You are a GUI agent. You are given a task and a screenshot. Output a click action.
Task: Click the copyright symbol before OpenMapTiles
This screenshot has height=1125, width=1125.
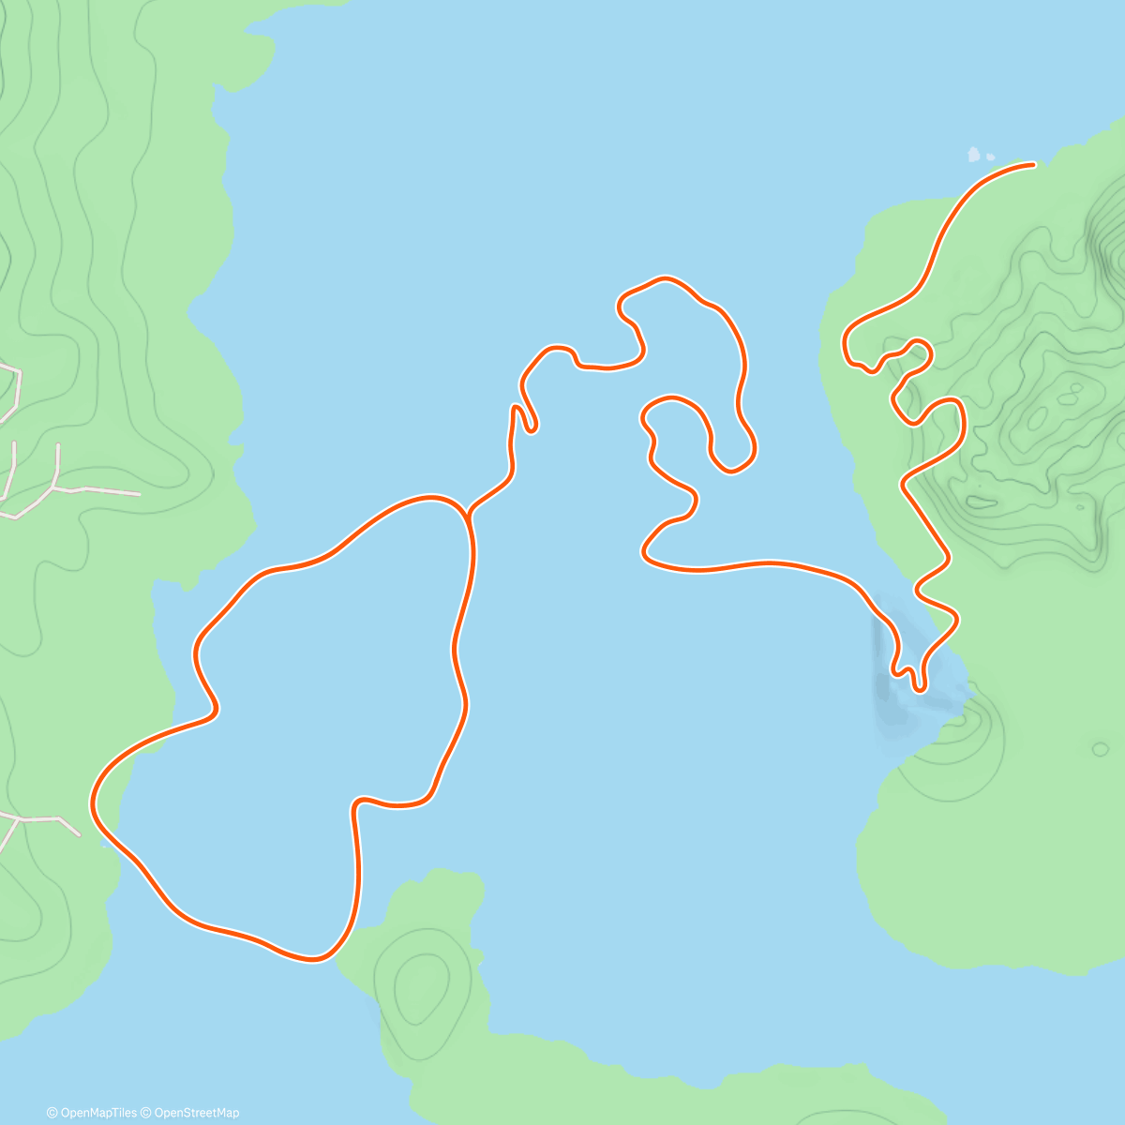point(52,1113)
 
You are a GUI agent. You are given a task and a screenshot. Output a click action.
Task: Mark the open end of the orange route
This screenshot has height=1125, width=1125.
point(1033,165)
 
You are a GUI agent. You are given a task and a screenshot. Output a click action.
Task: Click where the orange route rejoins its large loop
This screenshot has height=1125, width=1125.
point(468,515)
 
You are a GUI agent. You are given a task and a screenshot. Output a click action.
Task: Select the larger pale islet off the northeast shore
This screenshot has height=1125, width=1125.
point(974,154)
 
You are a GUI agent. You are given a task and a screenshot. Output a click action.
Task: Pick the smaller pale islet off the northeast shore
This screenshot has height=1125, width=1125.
point(990,157)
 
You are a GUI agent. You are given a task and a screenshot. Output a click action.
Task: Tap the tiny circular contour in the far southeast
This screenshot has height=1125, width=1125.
point(1100,749)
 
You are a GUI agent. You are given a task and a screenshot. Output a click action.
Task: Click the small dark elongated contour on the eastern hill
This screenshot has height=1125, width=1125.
point(982,502)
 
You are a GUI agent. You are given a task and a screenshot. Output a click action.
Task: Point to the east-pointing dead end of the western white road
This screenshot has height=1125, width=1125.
point(139,493)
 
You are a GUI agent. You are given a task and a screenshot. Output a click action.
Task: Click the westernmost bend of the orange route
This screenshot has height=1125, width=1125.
point(93,804)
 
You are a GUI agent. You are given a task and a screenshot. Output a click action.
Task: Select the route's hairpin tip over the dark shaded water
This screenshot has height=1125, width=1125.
point(920,688)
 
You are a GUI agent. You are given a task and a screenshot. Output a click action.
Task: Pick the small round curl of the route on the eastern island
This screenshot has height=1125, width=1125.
point(921,352)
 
